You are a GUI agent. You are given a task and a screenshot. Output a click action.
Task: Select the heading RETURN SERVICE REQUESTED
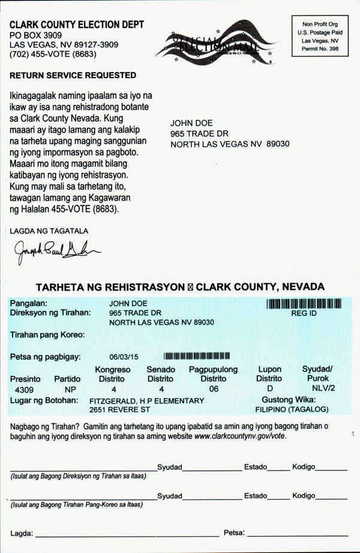[73, 75]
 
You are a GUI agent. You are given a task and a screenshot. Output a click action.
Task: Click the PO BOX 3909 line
[35, 35]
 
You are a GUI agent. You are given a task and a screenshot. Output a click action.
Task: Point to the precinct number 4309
[23, 390]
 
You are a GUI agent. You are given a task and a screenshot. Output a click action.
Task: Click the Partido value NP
[70, 390]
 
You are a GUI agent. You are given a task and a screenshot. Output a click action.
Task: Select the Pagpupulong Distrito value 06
[213, 389]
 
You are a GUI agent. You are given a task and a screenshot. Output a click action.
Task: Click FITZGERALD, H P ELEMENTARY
[146, 400]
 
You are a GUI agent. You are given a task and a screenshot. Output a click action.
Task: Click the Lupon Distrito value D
[269, 389]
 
